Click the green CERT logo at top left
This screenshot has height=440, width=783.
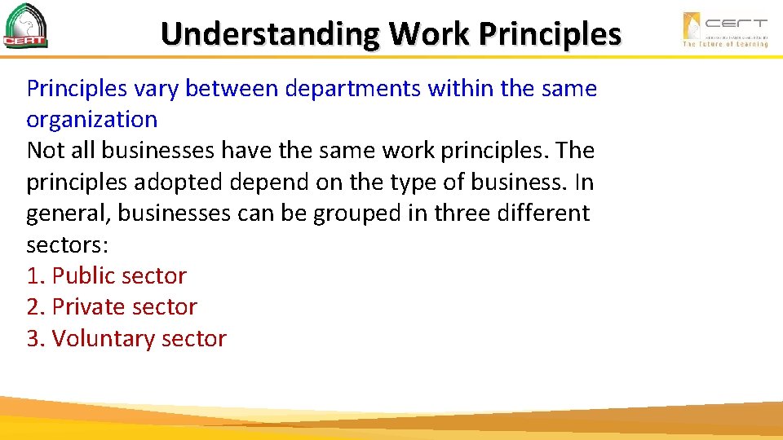click(x=26, y=27)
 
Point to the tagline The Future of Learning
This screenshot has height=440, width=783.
click(x=725, y=44)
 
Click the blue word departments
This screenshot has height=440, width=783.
click(x=352, y=88)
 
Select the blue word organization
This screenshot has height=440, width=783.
click(x=91, y=120)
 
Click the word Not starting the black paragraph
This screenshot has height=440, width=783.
click(x=45, y=151)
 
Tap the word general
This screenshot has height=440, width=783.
click(x=69, y=213)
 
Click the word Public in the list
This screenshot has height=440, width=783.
click(x=85, y=276)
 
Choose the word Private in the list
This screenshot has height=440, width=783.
click(x=89, y=307)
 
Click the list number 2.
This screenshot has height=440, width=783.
click(x=33, y=307)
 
